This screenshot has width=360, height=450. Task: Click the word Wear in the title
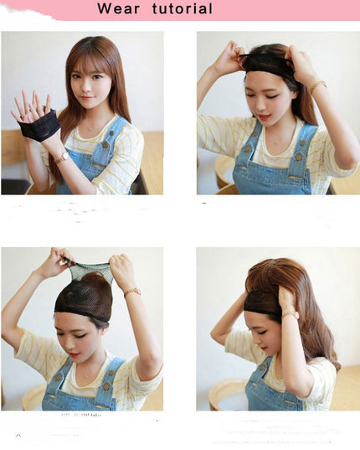pyautogui.click(x=118, y=8)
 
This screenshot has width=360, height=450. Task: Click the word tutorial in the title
pyautogui.click(x=183, y=8)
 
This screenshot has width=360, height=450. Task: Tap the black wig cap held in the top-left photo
pyautogui.click(x=39, y=125)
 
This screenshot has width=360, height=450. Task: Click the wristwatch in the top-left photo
pyautogui.click(x=64, y=157)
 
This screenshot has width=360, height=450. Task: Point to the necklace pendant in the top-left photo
pyautogui.click(x=90, y=129)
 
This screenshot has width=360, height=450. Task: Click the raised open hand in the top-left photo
pyautogui.click(x=31, y=107)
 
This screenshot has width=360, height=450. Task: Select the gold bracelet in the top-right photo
pyautogui.click(x=317, y=86)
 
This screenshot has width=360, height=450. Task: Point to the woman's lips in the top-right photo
pyautogui.click(x=265, y=117)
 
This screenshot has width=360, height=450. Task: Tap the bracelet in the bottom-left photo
pyautogui.click(x=132, y=292)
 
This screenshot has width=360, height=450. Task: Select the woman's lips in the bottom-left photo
pyautogui.click(x=74, y=355)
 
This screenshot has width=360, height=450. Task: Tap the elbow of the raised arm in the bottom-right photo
pyautogui.click(x=215, y=335)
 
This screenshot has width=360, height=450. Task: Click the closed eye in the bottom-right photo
pyautogui.click(x=261, y=333)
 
